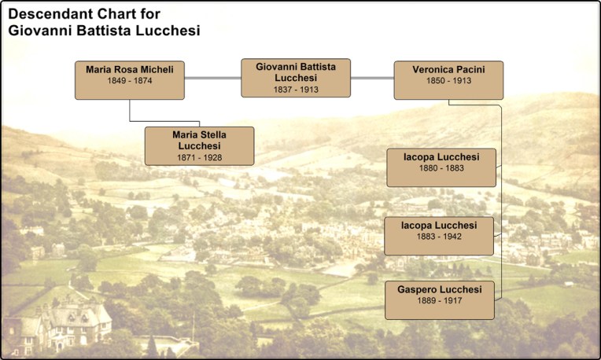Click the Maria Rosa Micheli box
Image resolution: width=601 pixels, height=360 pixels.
coord(130,80)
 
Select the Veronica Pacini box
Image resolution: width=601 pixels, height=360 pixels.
coord(448,80)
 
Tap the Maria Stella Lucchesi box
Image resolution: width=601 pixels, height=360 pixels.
coord(199,145)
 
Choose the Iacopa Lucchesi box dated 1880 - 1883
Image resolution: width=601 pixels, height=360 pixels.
coord(441,167)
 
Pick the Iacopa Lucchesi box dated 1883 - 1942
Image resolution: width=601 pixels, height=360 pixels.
coord(439,235)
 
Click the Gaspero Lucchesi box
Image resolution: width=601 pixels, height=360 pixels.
coord(439,299)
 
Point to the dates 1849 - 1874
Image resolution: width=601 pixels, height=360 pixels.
coord(130,82)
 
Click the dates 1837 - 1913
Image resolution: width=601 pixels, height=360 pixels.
coord(296,89)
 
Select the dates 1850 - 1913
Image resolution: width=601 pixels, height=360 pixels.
coord(448,82)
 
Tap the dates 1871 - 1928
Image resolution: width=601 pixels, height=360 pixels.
coord(199,157)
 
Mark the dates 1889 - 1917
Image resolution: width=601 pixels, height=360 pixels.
coord(439,302)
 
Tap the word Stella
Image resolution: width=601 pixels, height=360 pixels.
coord(212,134)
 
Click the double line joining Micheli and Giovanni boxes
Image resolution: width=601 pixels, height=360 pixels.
coord(212,79)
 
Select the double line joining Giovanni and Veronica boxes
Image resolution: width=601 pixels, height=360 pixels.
coord(372,79)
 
